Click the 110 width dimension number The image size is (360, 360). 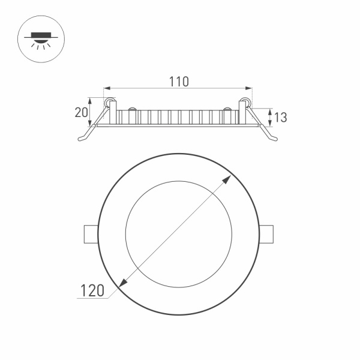(x=178, y=82)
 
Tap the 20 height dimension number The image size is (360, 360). (x=82, y=112)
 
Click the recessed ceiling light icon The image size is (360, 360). (x=37, y=40)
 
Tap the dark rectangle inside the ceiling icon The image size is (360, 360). (x=37, y=35)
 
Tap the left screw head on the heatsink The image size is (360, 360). (x=130, y=110)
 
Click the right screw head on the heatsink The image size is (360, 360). (x=227, y=110)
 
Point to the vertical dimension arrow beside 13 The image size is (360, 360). (x=270, y=117)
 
